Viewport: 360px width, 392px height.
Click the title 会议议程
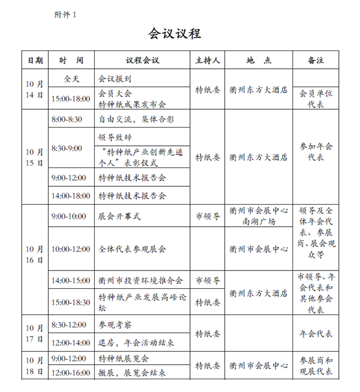click(x=174, y=33)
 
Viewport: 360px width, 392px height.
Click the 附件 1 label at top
click(x=65, y=15)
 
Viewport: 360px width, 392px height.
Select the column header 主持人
click(x=208, y=60)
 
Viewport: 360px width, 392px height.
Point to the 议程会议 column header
click(x=142, y=60)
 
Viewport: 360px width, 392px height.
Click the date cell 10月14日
click(x=34, y=89)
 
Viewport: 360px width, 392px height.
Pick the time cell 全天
click(x=71, y=79)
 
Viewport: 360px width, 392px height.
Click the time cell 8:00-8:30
click(x=66, y=119)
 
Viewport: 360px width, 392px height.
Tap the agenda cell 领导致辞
click(x=116, y=136)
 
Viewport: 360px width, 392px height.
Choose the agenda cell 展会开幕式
click(x=120, y=216)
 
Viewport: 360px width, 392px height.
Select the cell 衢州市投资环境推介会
click(x=141, y=280)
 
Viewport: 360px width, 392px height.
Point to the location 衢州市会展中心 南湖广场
click(x=259, y=216)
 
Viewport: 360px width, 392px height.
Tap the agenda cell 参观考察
click(x=116, y=324)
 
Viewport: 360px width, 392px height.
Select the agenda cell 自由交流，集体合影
click(x=135, y=119)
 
